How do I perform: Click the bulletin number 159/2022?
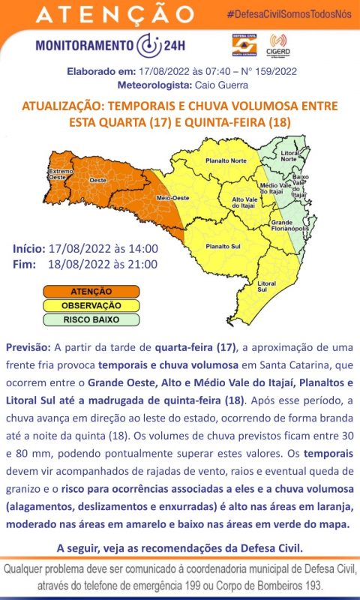click(x=271, y=71)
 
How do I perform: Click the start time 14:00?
click(x=142, y=248)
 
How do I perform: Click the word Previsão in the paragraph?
click(x=28, y=349)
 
